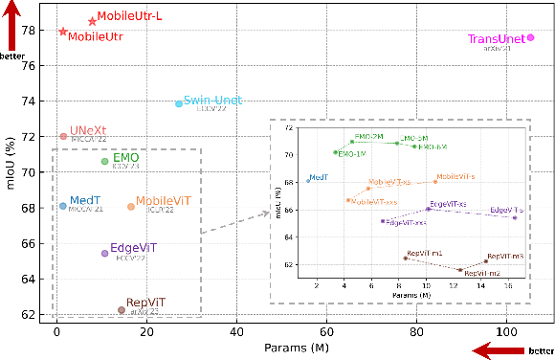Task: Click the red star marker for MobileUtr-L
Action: click(x=92, y=21)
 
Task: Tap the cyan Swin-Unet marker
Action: click(x=179, y=103)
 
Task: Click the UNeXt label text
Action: click(x=88, y=130)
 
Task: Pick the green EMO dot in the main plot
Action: click(x=104, y=161)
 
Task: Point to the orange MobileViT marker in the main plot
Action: click(x=131, y=206)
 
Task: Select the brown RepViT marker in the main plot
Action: click(x=121, y=309)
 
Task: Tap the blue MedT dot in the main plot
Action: click(x=63, y=205)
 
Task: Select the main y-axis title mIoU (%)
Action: click(x=11, y=172)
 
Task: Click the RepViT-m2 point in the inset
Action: click(x=460, y=271)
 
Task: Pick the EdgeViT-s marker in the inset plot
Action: click(x=514, y=217)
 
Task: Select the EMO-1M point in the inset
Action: click(x=335, y=152)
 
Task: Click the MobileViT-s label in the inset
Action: click(x=455, y=177)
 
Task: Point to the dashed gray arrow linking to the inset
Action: click(x=236, y=222)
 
